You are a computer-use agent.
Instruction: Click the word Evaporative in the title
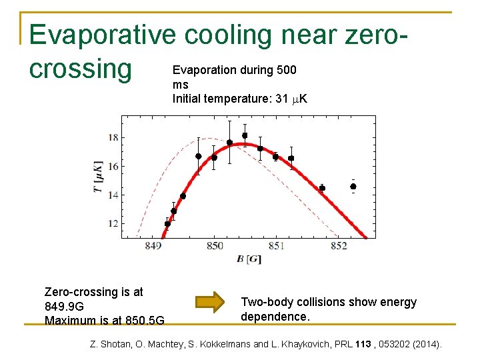[103, 35]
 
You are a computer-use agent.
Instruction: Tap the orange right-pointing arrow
[209, 301]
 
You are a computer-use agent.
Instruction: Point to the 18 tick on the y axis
[113, 138]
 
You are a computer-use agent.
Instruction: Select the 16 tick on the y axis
[113, 166]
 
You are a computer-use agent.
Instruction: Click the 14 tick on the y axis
[113, 195]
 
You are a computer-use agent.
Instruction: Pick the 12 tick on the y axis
[113, 223]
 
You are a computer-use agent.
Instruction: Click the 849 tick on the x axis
[153, 246]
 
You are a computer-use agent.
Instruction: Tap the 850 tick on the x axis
[215, 246]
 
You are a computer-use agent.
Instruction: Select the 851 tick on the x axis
[277, 246]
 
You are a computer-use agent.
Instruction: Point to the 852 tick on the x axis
[339, 246]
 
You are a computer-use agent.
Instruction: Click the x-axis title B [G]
[249, 259]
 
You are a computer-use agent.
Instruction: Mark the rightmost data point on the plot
[353, 187]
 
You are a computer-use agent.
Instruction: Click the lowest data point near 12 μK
[167, 224]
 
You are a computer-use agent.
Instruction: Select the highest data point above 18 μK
[245, 135]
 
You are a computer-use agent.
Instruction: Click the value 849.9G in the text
[64, 306]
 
